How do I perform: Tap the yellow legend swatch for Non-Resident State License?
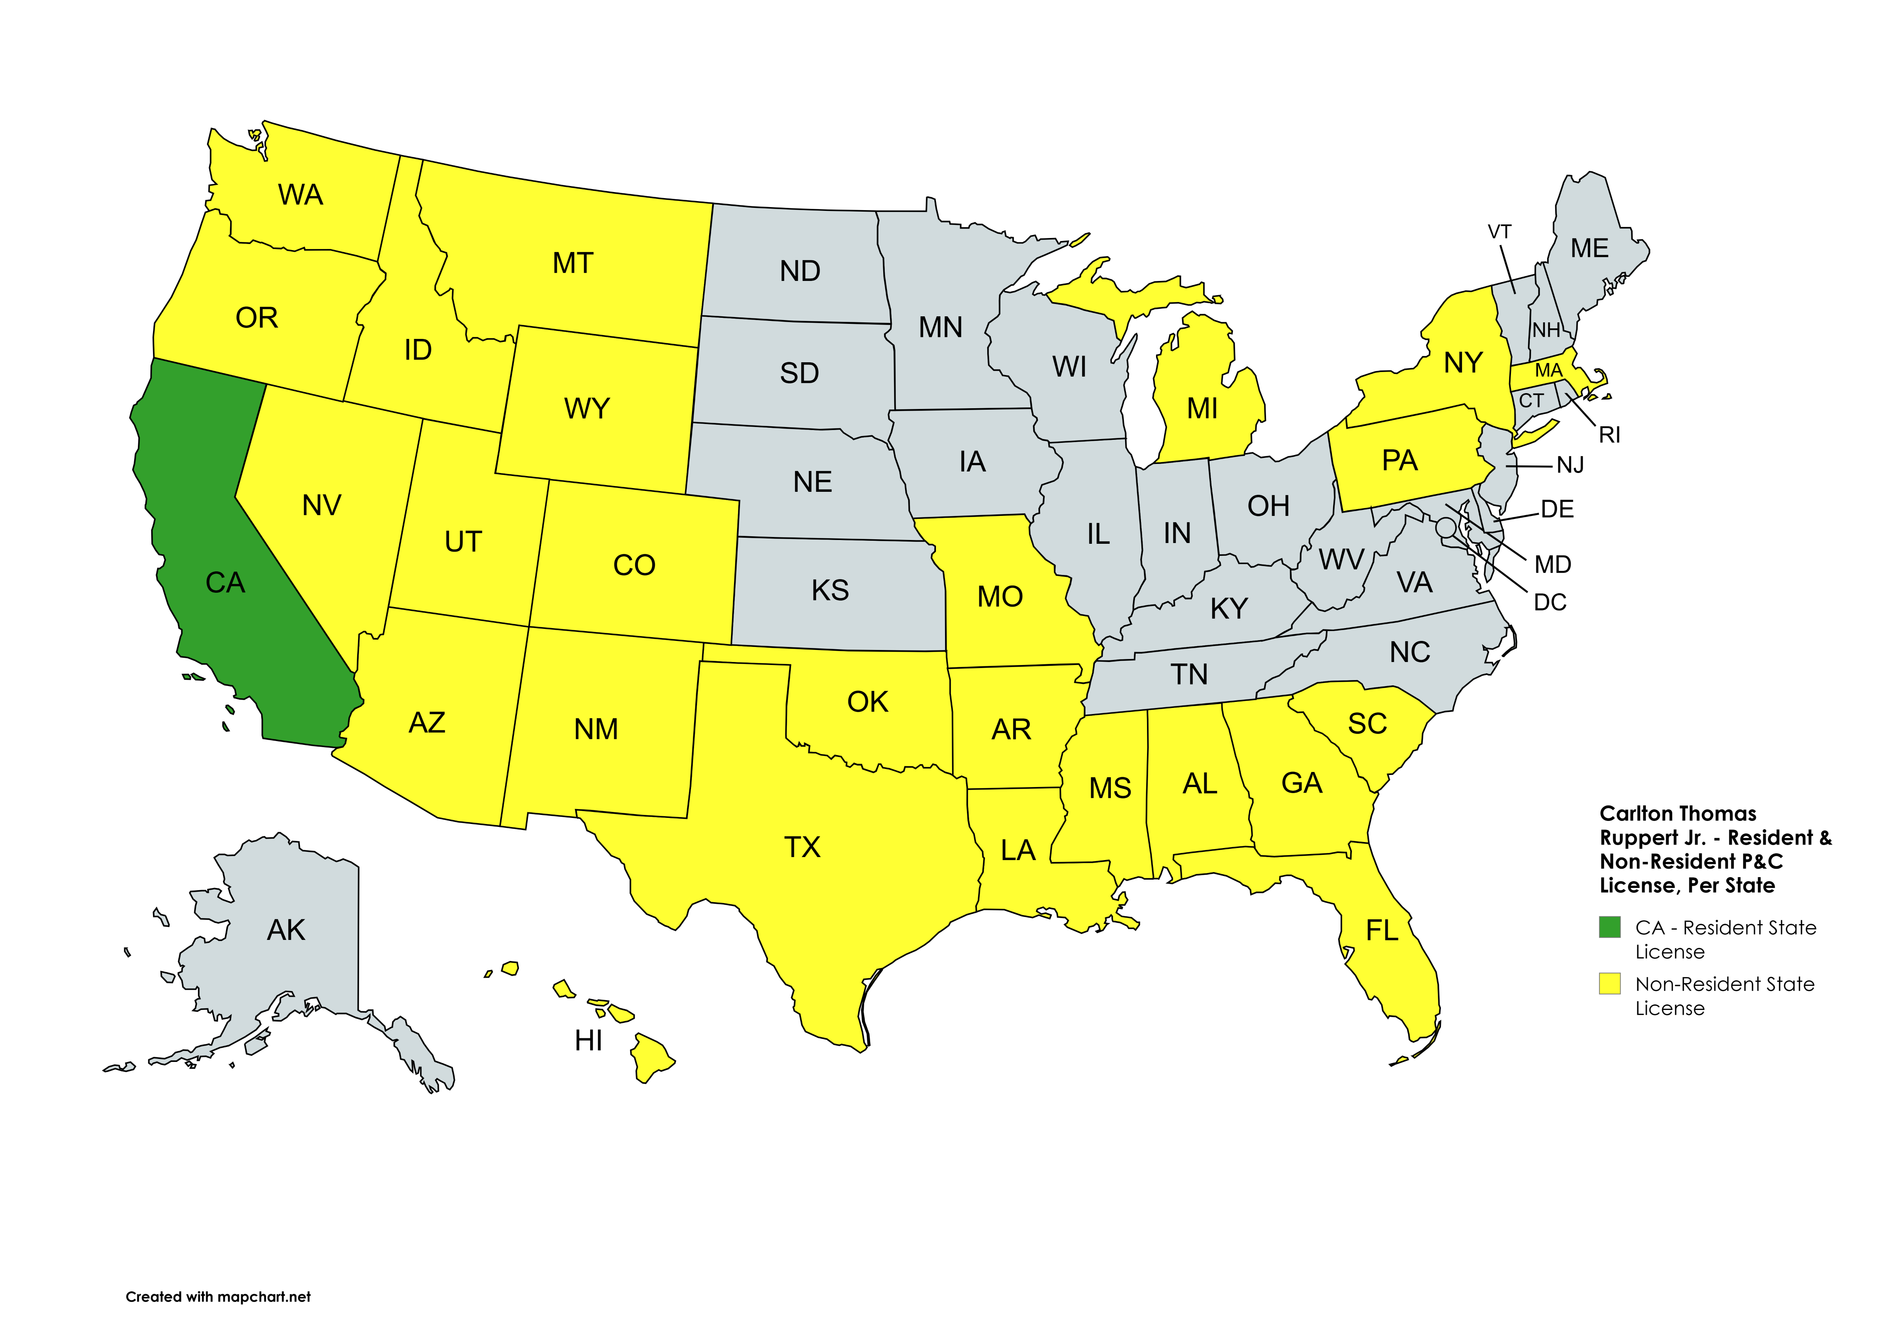1609,983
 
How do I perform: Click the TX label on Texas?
802,847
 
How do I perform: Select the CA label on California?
225,582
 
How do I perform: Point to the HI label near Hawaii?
588,1040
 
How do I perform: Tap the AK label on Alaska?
286,930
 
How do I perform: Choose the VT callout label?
1499,232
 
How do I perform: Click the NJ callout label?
1570,465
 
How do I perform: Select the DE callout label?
1557,510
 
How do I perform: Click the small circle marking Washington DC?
1446,527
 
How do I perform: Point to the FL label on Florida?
1382,930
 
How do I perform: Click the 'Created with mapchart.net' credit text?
218,1297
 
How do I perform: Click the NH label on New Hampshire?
1546,330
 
